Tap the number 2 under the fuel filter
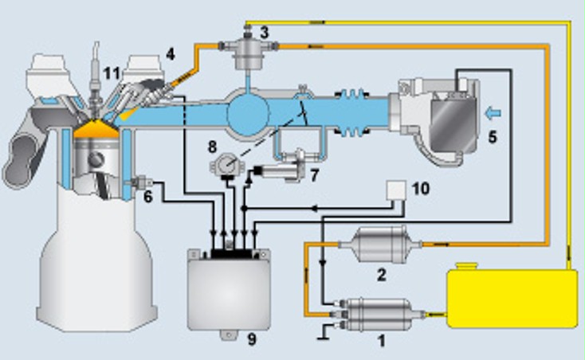pos(381,275)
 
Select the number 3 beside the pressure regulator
pos(265,32)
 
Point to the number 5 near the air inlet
pos(492,136)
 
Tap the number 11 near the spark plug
pos(112,73)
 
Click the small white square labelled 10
pos(395,190)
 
